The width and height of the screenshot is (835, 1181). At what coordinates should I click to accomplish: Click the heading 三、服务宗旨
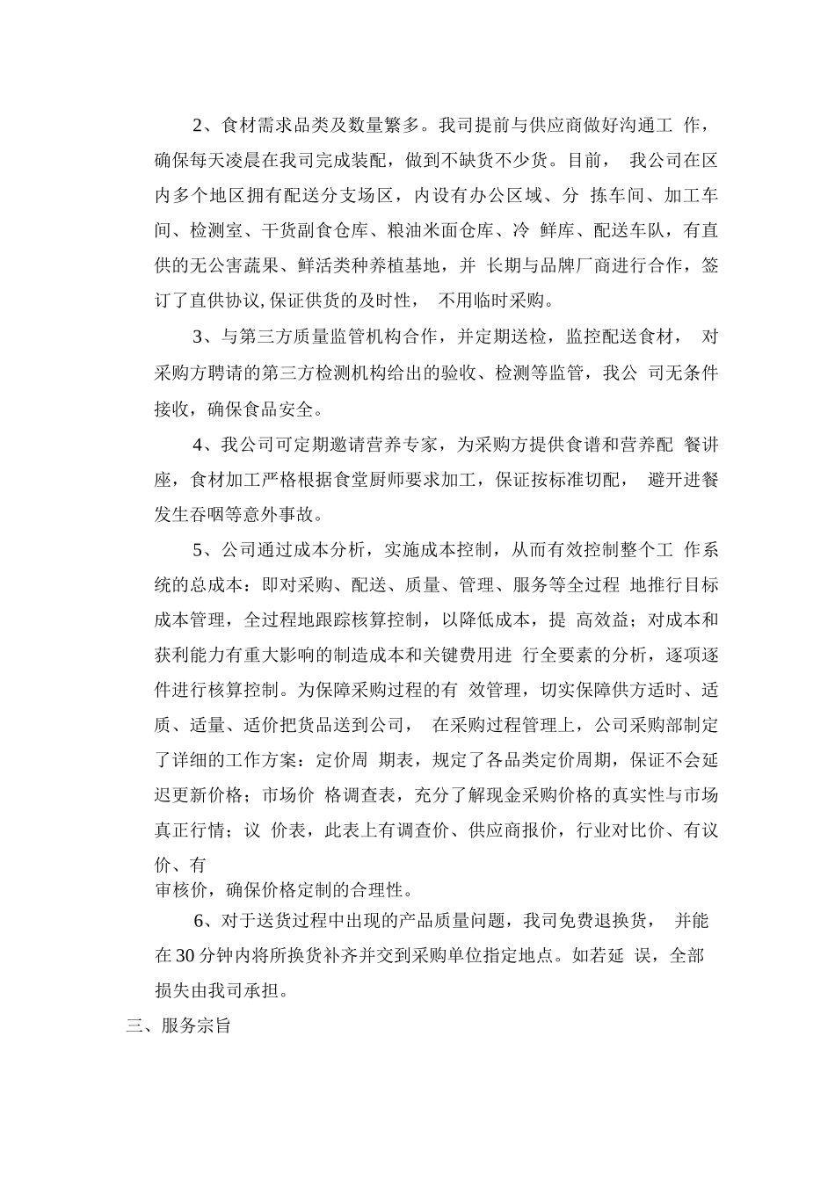pos(178,1025)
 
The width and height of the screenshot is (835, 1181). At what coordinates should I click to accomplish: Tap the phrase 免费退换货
pos(601,921)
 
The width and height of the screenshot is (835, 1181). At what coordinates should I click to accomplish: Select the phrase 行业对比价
pos(621,830)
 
